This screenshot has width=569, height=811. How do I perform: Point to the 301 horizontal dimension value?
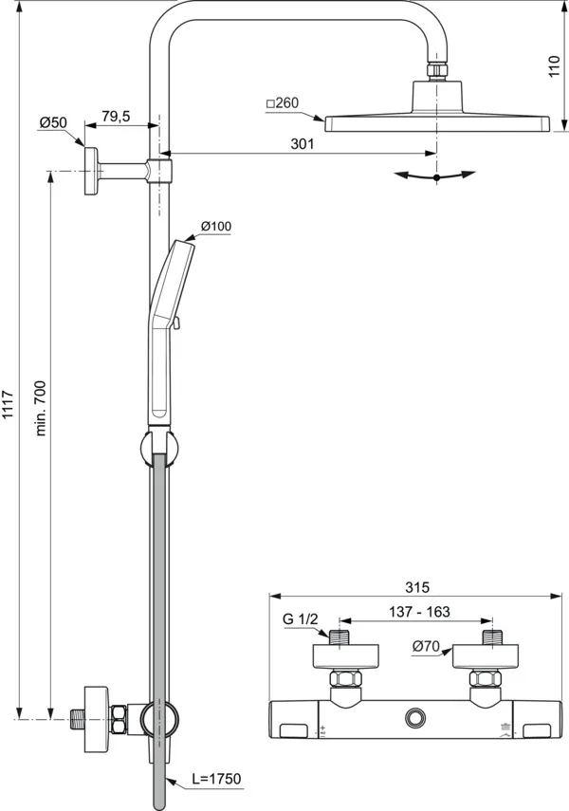[301, 143]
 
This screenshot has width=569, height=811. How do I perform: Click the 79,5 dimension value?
[116, 116]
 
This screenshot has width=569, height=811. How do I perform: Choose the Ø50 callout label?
[52, 122]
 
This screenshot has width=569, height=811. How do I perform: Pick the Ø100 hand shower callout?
[215, 226]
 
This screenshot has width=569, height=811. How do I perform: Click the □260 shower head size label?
[283, 102]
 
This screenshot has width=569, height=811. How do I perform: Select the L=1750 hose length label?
[216, 779]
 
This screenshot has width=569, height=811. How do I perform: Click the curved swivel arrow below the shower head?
[435, 175]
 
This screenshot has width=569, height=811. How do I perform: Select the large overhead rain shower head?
[437, 122]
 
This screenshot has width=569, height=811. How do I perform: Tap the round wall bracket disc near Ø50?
[90, 171]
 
